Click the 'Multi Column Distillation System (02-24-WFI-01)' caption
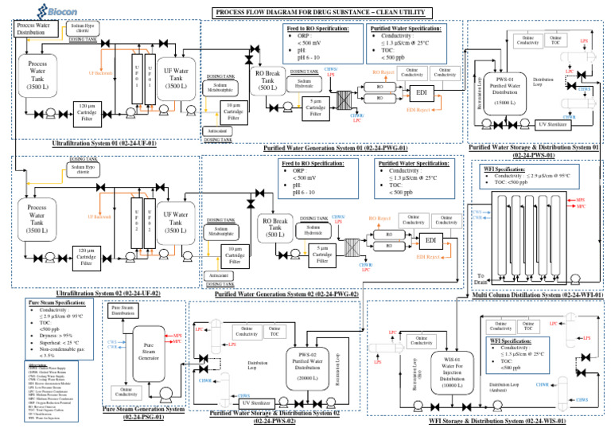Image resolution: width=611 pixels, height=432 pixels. click(x=537, y=294)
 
